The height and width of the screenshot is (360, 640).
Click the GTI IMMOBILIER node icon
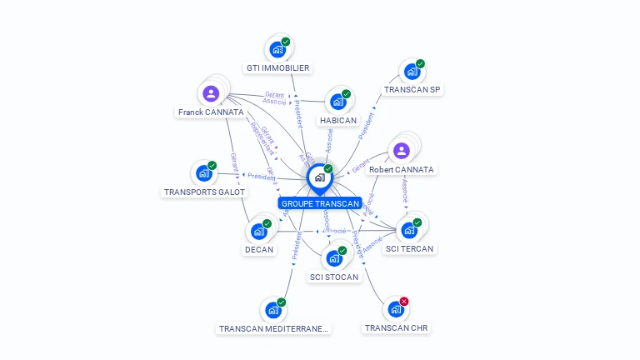pyautogui.click(x=277, y=49)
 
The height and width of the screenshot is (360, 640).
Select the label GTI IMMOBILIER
pyautogui.click(x=278, y=68)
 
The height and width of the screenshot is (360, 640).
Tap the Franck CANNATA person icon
pyautogui.click(x=211, y=93)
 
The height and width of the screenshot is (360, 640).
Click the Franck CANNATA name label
pyautogui.click(x=211, y=112)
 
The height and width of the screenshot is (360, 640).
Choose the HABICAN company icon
pyautogui.click(x=337, y=101)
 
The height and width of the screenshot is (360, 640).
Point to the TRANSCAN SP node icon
pyautogui.click(x=412, y=72)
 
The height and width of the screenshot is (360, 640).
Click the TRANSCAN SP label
pyautogui.click(x=412, y=89)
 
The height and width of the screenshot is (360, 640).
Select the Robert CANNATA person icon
pyautogui.click(x=402, y=151)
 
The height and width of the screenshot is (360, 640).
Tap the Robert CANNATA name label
pyautogui.click(x=402, y=169)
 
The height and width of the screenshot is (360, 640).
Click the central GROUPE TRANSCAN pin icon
pyautogui.click(x=319, y=178)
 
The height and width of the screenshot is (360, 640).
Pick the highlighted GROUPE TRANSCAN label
pyautogui.click(x=320, y=203)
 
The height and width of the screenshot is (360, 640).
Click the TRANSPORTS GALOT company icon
pyautogui.click(x=203, y=173)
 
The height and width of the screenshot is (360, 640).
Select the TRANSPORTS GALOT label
pyautogui.click(x=204, y=192)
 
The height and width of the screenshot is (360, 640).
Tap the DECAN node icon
pyautogui.click(x=258, y=231)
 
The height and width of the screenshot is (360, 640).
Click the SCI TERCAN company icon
pyautogui.click(x=409, y=230)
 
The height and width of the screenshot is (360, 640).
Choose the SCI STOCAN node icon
pyautogui.click(x=333, y=258)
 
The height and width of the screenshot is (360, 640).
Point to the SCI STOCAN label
pyautogui.click(x=334, y=277)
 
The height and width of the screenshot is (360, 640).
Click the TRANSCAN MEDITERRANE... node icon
pyautogui.click(x=272, y=310)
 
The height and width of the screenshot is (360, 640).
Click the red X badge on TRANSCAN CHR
pyautogui.click(x=404, y=301)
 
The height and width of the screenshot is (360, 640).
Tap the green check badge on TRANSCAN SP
pyautogui.click(x=420, y=64)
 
